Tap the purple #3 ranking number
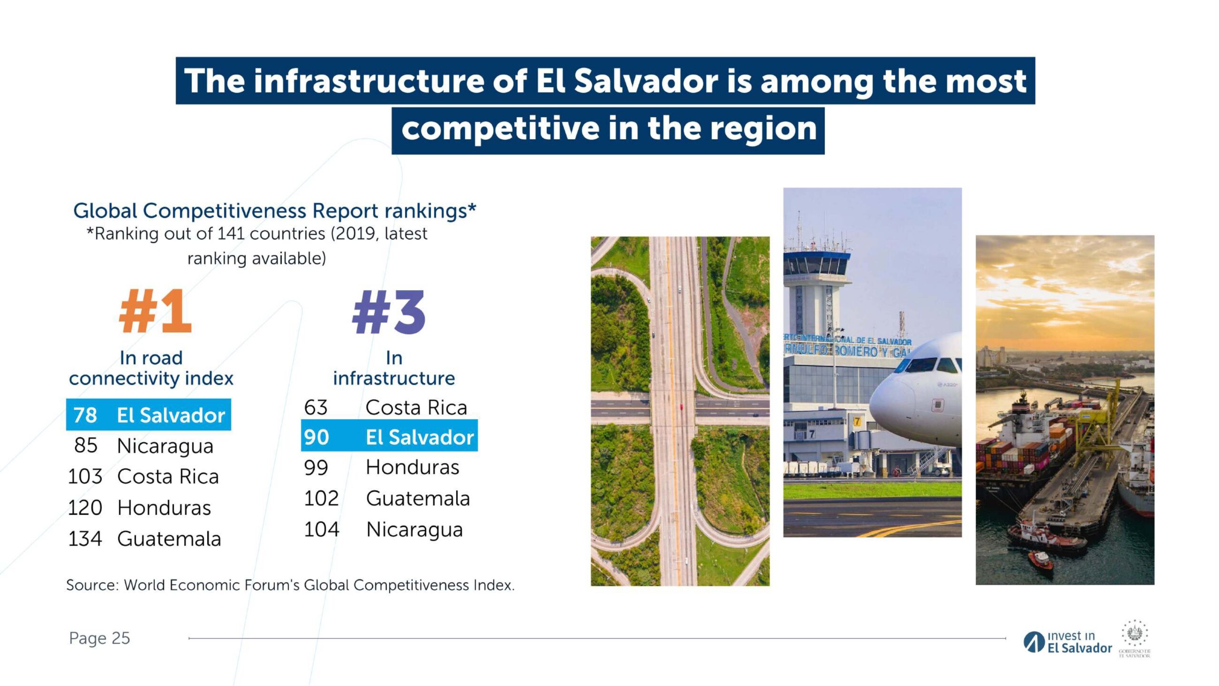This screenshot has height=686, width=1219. pos(389,312)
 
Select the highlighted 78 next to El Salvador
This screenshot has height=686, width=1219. pos(85,415)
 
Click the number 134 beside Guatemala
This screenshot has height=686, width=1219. pos(85,539)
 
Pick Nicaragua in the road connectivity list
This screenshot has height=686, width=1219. pos(165,446)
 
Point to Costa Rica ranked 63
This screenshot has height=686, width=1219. pos(416,407)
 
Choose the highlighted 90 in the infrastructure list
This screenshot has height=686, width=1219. pos(317,437)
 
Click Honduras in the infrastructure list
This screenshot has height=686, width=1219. pos(412,467)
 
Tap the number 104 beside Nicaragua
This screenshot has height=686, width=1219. pos(321,529)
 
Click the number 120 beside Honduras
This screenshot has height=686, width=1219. pos(85,508)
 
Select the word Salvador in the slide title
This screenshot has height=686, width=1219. pos(646,81)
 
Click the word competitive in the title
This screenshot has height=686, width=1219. pos(500,129)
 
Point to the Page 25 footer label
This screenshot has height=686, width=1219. pos(99,638)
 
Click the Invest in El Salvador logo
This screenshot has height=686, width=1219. pos(1068,642)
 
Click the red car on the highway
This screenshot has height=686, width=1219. pos(681,407)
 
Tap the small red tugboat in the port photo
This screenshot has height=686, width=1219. pos(1040,559)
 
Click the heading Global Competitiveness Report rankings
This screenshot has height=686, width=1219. pos(275,211)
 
